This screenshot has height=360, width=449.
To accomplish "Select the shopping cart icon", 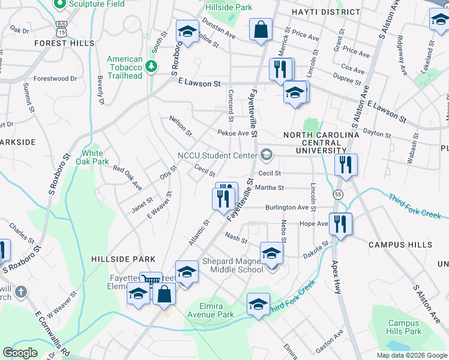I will click(149, 280).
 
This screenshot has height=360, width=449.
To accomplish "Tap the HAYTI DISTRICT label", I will click(326, 12).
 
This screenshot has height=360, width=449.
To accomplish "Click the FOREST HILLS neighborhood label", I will click(64, 43).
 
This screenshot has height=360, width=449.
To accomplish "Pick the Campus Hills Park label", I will click(404, 327).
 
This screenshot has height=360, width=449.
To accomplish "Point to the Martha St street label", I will click(269, 188).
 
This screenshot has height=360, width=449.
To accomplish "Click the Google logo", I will click(20, 353).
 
